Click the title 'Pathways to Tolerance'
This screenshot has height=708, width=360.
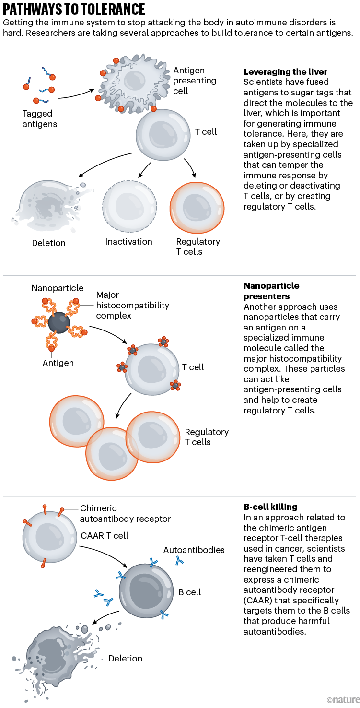(74, 9)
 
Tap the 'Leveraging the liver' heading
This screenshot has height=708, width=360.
(285, 72)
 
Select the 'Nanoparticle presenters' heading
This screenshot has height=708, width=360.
(271, 291)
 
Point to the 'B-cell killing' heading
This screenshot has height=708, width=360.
(270, 507)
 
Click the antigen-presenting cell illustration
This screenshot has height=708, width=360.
(134, 83)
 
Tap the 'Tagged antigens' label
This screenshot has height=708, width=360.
(40, 119)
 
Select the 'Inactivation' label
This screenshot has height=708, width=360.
(128, 242)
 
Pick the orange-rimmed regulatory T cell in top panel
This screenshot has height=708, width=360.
(197, 207)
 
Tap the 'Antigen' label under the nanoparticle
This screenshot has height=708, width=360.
(58, 363)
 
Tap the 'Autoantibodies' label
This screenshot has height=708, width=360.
(194, 550)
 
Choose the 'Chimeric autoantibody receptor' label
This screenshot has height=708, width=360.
(125, 513)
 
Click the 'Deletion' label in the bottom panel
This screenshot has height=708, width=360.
(125, 659)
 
